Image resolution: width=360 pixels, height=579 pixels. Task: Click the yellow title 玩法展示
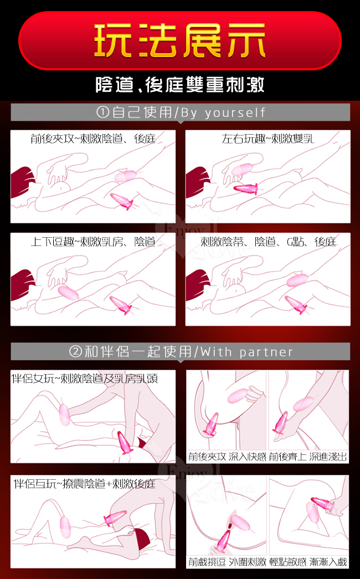point(180,40)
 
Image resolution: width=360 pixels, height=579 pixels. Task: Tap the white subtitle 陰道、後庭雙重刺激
point(180,85)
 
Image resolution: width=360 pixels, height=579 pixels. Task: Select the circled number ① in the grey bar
point(102,112)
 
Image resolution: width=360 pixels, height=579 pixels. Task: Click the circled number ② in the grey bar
point(75,351)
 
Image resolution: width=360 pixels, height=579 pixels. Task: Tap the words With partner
point(246,351)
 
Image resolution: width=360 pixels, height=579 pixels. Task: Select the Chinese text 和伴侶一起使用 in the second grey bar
point(138,351)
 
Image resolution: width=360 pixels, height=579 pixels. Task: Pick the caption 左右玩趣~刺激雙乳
point(268,139)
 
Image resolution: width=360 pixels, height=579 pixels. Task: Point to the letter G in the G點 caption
point(290,242)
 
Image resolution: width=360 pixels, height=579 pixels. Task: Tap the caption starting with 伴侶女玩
point(85,378)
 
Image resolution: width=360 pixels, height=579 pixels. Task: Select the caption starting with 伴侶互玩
point(84,483)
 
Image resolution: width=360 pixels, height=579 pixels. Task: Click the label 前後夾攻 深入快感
point(227,457)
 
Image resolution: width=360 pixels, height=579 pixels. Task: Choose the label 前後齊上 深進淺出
point(308,457)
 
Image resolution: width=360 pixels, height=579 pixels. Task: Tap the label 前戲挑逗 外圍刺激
point(227,562)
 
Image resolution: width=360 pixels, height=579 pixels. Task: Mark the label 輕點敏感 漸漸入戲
point(308,562)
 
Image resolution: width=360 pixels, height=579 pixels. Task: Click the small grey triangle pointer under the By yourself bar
point(180,122)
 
